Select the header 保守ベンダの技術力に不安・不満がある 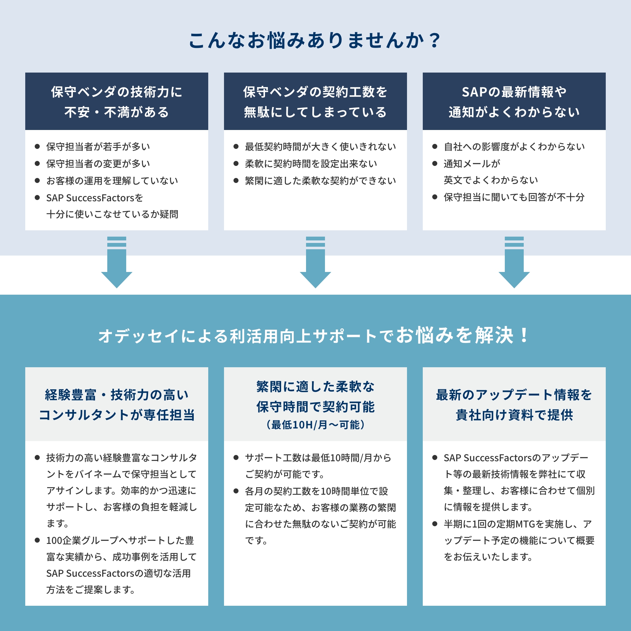point(117,102)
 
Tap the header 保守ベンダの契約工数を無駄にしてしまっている point(315,102)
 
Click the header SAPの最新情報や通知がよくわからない point(514,102)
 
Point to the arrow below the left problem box point(117,262)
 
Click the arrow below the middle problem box point(315,262)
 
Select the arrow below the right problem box point(514,262)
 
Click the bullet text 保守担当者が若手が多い point(98,147)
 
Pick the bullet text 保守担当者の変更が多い point(98,164)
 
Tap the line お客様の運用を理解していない point(112,180)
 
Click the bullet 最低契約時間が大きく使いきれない point(321,147)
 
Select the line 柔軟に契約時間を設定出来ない point(311,164)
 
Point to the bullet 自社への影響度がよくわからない point(514,147)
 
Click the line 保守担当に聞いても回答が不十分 point(514,197)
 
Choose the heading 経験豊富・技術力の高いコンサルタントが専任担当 point(117,405)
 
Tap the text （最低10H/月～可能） point(315,425)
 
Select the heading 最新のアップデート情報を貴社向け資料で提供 point(514,405)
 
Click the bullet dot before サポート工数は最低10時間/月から point(236,457)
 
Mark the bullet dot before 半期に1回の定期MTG point(435,524)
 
